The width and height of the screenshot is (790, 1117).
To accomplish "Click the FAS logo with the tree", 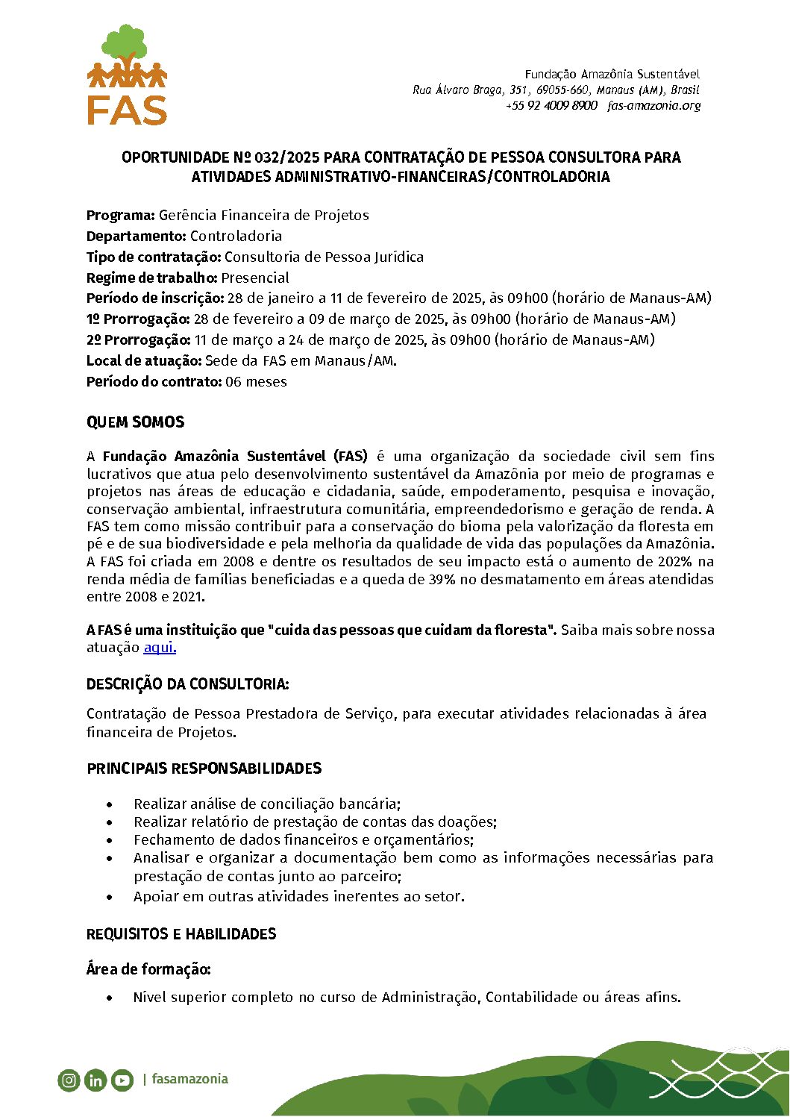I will tap(127, 75).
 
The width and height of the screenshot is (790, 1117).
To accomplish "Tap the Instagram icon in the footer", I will tap(69, 1080).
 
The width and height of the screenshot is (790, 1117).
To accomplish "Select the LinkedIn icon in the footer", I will tap(95, 1080).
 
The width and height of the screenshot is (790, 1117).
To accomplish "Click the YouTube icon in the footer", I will tap(122, 1080).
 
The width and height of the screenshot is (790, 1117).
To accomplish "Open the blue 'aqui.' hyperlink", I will tap(160, 648).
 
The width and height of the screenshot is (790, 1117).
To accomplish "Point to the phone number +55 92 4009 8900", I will tap(551, 106).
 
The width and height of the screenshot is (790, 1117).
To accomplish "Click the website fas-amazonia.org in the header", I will tap(654, 106).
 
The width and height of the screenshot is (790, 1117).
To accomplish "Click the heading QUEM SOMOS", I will tap(135, 422).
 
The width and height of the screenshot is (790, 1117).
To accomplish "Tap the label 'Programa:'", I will tap(121, 216).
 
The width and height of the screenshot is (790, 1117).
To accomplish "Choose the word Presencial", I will tap(255, 278).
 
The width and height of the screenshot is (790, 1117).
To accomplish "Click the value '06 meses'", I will tap(256, 382).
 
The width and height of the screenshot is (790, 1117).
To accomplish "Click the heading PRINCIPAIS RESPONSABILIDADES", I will tap(204, 769).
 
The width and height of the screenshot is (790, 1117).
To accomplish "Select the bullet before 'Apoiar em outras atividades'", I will tap(110, 897).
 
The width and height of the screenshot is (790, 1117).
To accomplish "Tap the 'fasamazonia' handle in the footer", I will tap(189, 1079).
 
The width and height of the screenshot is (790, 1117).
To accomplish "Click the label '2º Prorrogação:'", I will tap(139, 340).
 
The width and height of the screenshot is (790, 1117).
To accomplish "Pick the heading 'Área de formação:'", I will tap(148, 969).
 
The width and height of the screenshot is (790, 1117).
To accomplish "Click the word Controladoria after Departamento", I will tap(236, 237).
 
